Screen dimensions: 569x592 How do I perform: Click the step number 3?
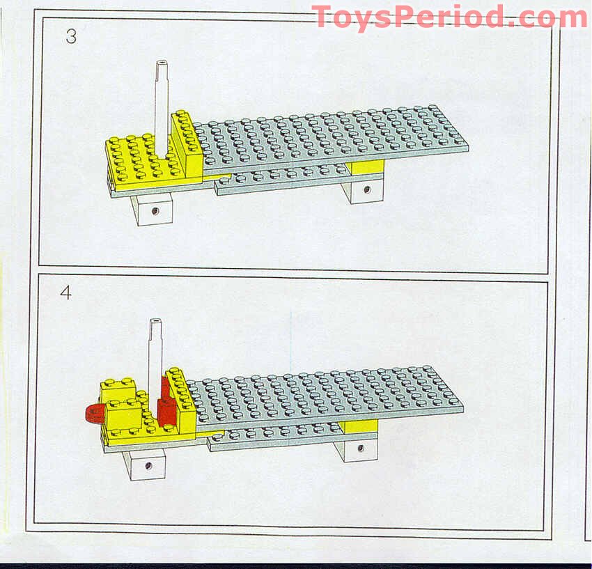click(x=71, y=37)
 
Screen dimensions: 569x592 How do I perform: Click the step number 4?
click(x=65, y=293)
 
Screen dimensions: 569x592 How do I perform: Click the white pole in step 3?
click(x=162, y=98)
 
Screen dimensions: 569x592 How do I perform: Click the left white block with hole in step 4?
click(x=145, y=463)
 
